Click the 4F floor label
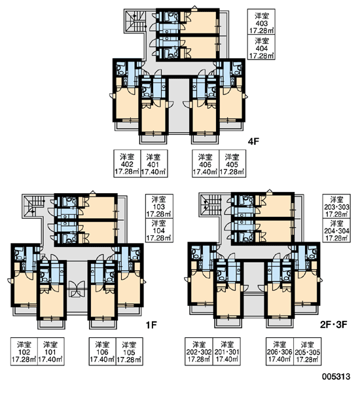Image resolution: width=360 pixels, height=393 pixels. pos(253,141)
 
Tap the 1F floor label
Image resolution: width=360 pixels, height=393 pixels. pos(151,325)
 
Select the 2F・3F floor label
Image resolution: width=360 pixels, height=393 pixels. pos(333,325)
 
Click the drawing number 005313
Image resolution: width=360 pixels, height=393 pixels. pos(336,377)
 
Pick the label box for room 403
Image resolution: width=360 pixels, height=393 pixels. pos(261,22)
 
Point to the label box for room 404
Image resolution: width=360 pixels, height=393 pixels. pos(261,47)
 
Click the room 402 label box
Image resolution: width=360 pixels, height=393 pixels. pos(127,163)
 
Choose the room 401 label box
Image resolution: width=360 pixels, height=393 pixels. pos(154,163)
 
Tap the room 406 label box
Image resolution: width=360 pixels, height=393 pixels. pos(206,163)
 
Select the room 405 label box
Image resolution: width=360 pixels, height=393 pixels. pos(232,163)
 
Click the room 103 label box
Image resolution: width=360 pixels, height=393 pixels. pos(159,206)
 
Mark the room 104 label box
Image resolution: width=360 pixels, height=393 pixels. pos(159,231)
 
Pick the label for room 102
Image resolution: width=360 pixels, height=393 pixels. pos(24,351)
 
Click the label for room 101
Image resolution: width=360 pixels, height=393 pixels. pos(51,351)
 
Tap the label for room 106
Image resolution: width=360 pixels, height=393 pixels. pos(103,351)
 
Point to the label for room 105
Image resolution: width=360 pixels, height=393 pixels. pos(129,351)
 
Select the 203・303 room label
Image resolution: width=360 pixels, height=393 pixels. pos(336,206)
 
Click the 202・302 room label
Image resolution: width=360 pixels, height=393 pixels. pos(199,351)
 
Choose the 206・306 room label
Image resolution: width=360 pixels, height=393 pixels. pos(279,351)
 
